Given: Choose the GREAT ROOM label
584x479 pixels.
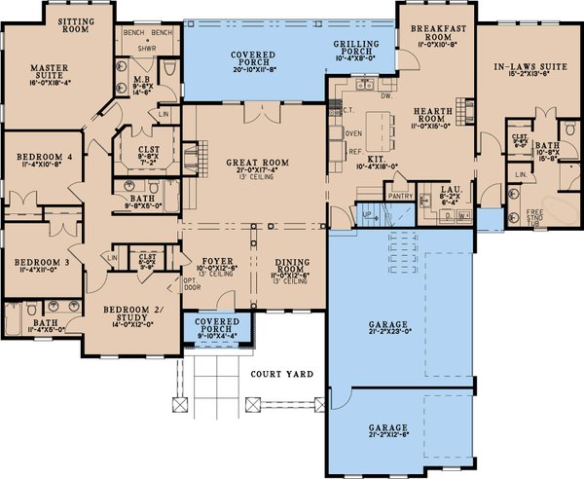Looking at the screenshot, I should tap(254, 164).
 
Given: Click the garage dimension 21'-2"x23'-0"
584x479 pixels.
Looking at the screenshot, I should tap(387, 335).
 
